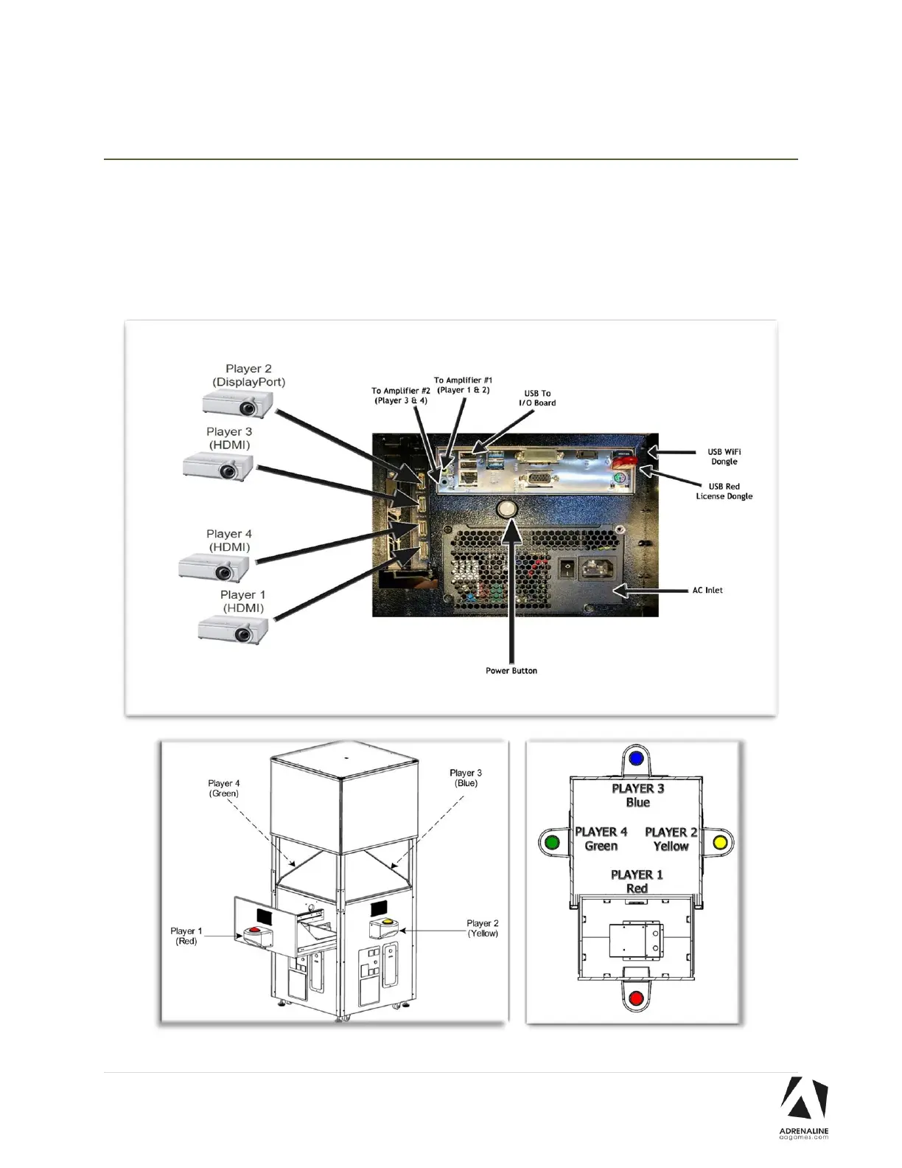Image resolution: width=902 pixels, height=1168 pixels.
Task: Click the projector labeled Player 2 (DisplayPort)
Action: tap(238, 403)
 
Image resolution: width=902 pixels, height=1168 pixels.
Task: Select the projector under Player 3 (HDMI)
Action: tap(218, 466)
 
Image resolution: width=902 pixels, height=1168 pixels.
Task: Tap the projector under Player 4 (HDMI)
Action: tap(214, 568)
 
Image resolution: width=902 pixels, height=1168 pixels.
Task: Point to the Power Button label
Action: tap(511, 670)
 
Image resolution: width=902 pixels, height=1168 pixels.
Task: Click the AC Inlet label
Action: tap(707, 590)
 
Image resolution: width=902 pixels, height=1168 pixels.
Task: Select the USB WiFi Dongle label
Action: tap(724, 456)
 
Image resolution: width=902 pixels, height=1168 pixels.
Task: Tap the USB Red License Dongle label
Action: tap(724, 491)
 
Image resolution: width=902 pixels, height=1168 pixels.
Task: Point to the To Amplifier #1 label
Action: tap(463, 385)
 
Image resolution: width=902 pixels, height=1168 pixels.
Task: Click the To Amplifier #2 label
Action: tap(401, 395)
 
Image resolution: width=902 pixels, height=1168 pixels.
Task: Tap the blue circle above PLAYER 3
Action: tap(637, 758)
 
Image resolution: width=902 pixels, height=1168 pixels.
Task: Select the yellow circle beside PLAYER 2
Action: tap(720, 842)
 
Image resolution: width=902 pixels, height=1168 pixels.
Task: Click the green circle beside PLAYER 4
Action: tap(550, 842)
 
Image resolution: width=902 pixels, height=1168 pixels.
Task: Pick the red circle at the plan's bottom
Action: tap(636, 999)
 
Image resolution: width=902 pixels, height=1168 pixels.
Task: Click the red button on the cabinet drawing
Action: tap(255, 931)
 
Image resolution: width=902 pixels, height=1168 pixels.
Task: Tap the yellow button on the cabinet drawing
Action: tap(385, 922)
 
